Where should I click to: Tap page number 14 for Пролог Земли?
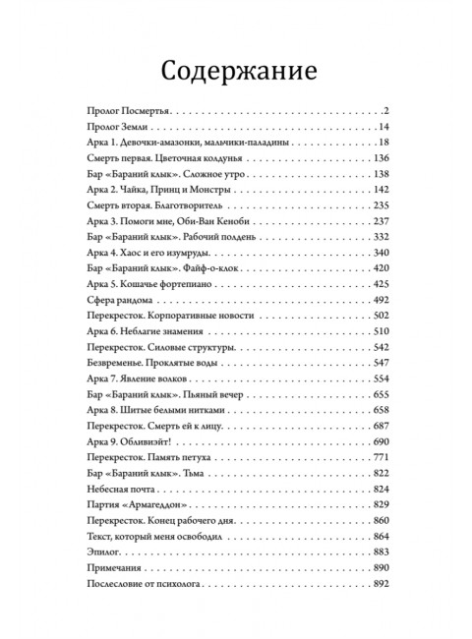coord(385,127)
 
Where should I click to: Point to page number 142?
coord(383,189)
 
